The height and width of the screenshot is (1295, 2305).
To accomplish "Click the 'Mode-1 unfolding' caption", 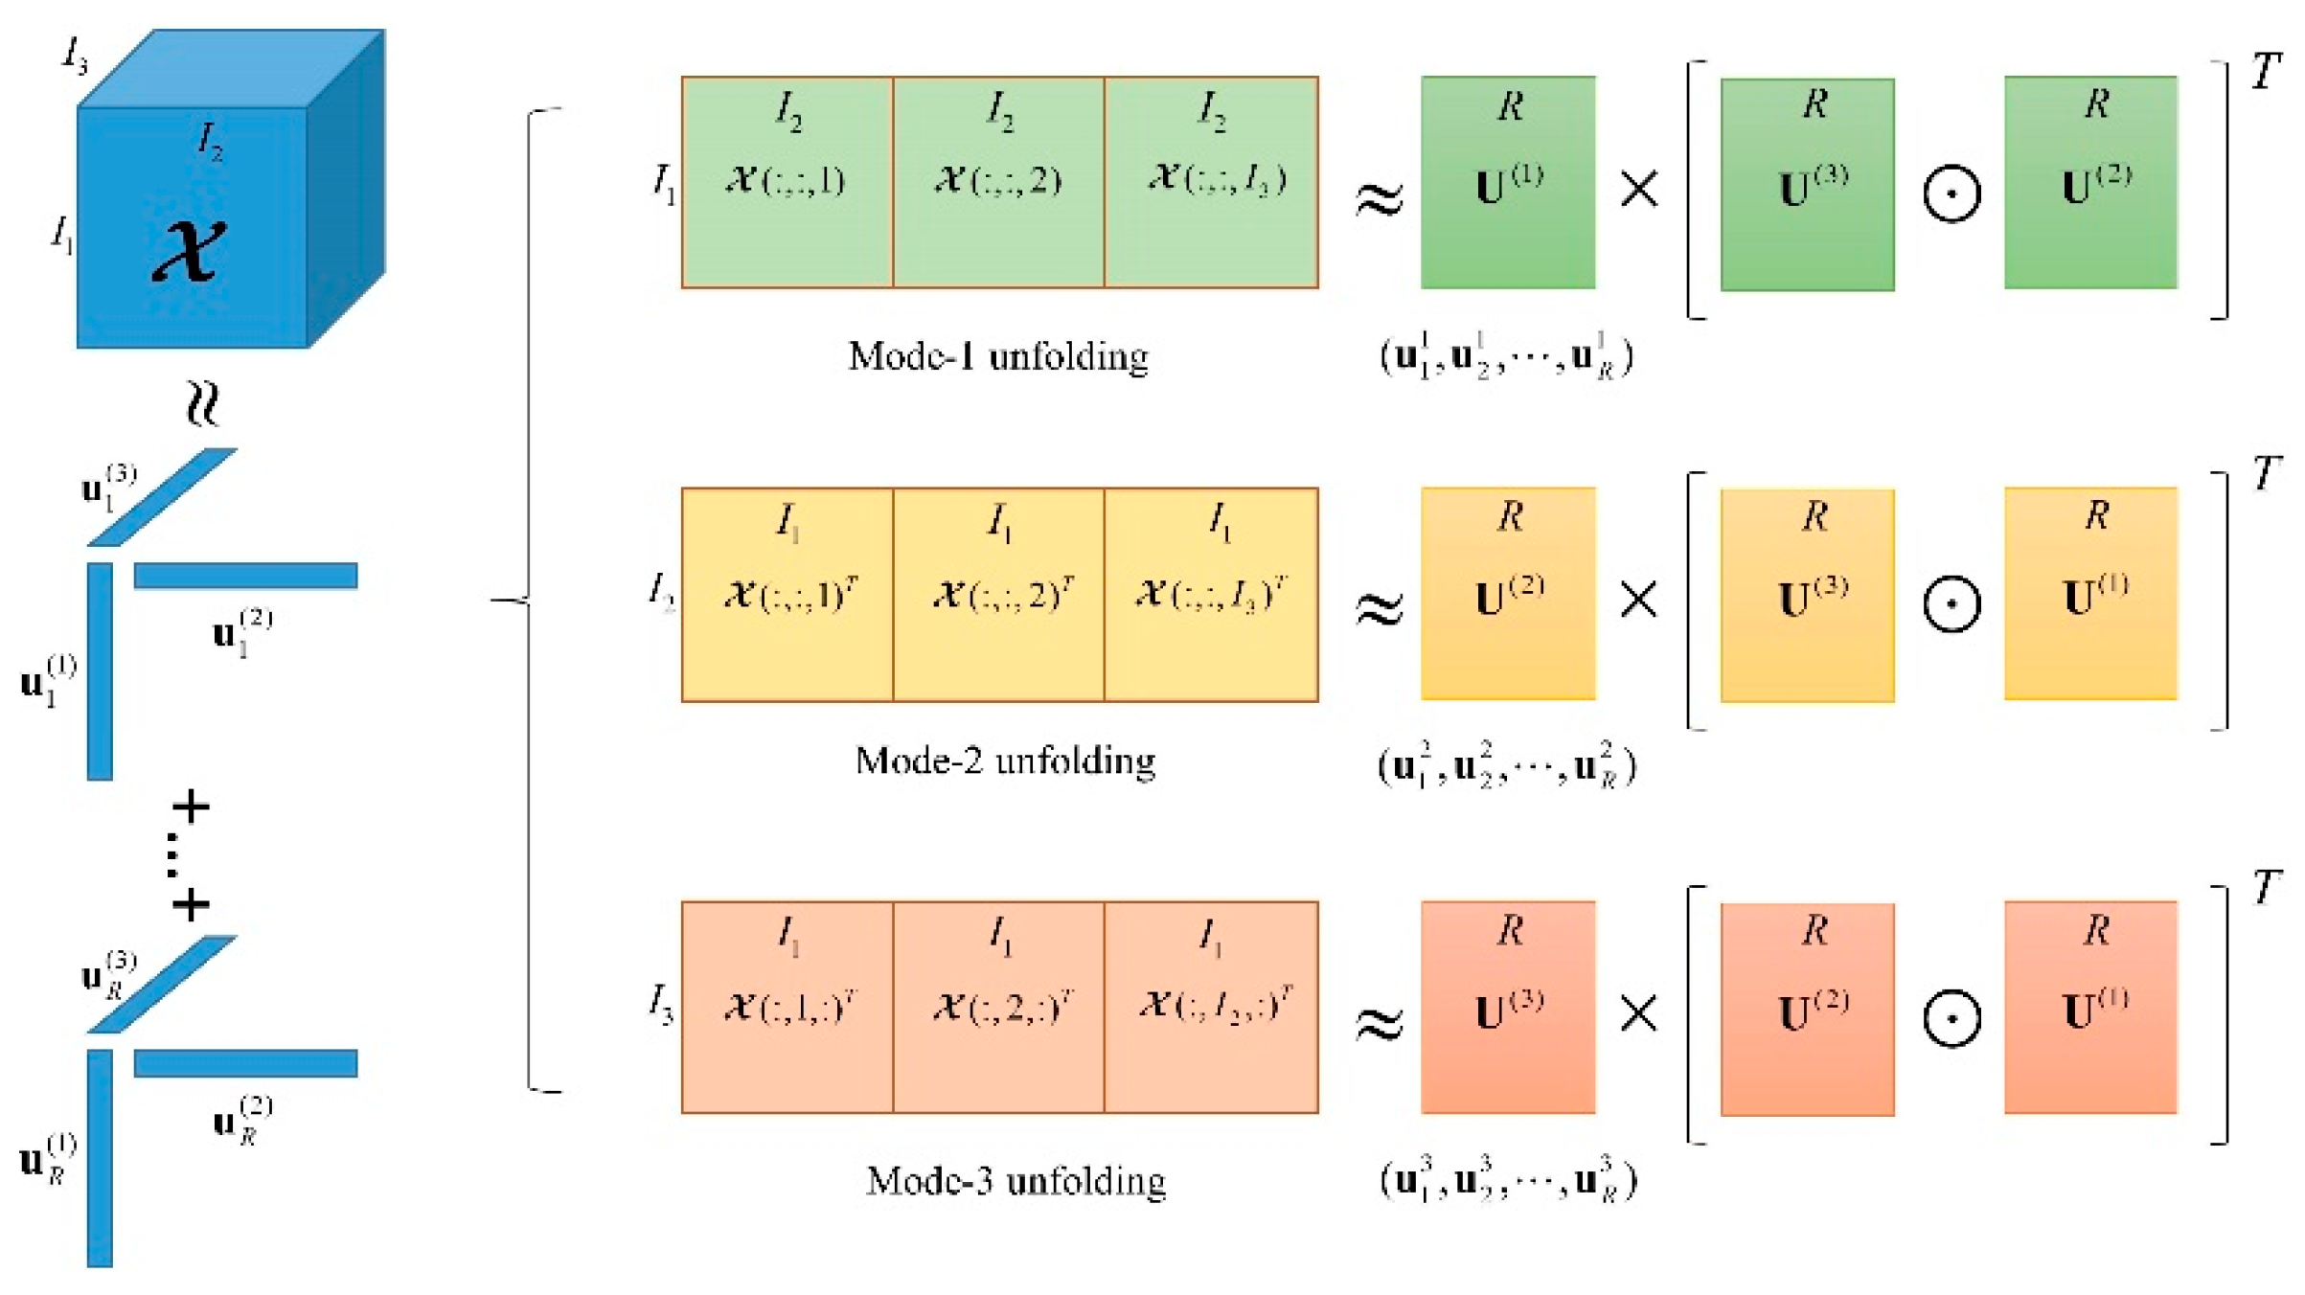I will (x=998, y=356).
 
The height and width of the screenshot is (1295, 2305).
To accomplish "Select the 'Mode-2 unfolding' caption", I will (x=1005, y=761).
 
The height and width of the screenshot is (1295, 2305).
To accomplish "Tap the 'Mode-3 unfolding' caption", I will (x=1016, y=1180).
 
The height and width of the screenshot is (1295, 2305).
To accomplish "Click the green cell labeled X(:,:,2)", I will (x=998, y=182).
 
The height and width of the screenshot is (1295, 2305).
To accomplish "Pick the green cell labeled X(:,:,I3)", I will (x=1211, y=182).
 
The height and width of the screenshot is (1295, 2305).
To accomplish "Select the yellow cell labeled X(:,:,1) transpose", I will (x=787, y=595).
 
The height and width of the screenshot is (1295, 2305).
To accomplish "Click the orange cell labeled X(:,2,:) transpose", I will (x=998, y=1007).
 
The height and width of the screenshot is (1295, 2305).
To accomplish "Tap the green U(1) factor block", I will (x=1508, y=182).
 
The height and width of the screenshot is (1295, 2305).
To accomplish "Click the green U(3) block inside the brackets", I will (x=1807, y=185).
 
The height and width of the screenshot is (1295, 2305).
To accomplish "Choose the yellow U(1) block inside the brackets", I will (x=2090, y=594).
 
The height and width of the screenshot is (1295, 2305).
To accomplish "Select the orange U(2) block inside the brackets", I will (x=1807, y=1010).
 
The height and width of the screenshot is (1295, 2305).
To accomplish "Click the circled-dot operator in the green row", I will (x=1951, y=193).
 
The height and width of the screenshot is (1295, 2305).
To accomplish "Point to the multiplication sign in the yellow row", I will (x=1638, y=601).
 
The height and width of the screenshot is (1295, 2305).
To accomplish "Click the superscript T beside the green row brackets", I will (x=2267, y=72).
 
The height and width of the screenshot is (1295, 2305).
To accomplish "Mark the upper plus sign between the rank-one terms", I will (x=191, y=807).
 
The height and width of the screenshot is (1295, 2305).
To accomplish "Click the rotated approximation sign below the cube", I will (x=202, y=402).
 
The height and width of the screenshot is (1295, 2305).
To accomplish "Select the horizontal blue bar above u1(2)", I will (x=245, y=576).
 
